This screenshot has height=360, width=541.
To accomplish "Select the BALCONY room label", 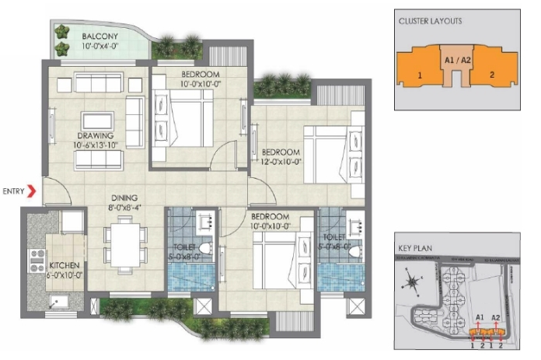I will point(102,36).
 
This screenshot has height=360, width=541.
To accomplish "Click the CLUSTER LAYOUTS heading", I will point(429,21).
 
